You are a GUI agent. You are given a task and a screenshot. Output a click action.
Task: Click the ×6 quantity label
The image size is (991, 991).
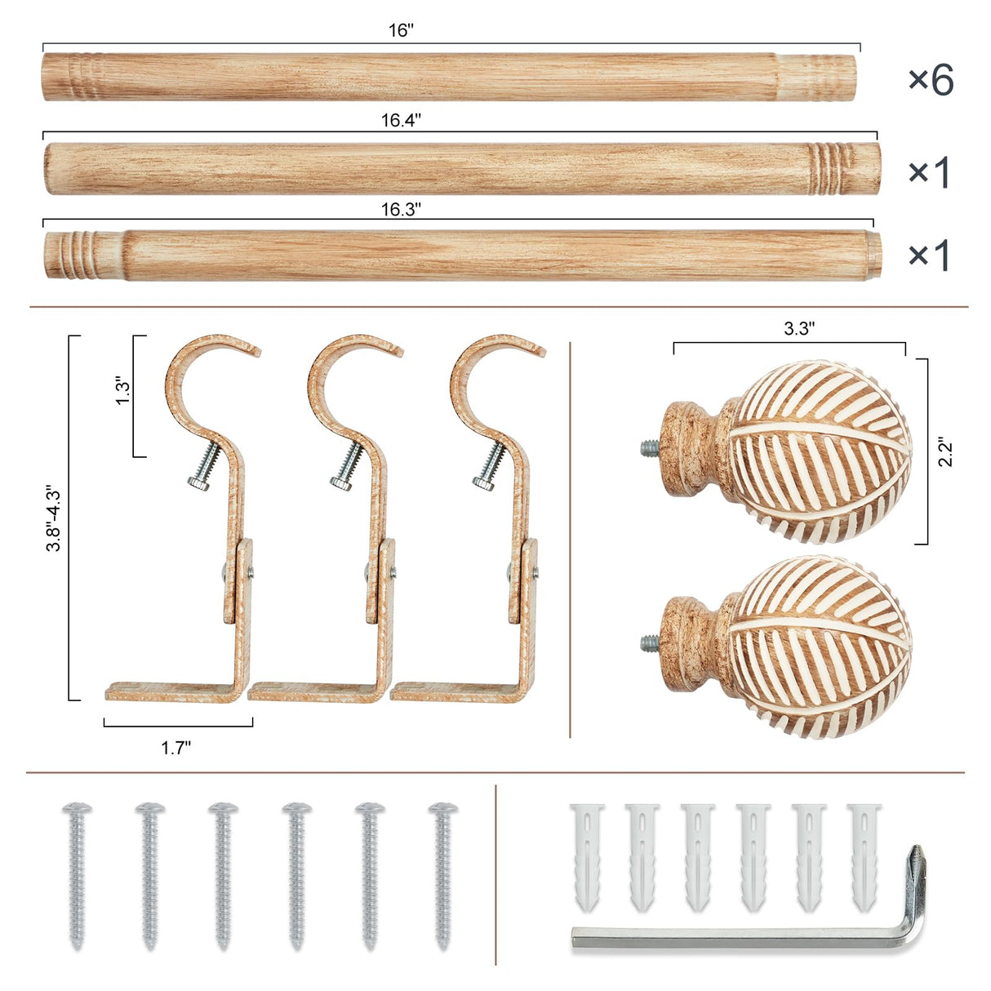coord(931,80)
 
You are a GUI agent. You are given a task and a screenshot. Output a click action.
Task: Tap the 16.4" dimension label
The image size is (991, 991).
coord(401,121)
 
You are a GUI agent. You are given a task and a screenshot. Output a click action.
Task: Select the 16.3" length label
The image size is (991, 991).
coord(401,210)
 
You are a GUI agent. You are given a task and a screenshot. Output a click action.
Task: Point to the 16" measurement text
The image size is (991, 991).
coord(401,31)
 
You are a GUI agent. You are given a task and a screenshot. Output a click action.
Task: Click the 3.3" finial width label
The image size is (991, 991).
coord(799,328)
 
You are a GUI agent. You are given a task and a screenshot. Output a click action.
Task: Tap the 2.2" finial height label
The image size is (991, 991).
coord(946,451)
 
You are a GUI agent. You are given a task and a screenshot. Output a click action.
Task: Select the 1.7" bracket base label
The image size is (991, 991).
coord(176,748)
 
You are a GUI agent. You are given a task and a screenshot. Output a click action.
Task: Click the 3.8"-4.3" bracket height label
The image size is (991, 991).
coord(54,518)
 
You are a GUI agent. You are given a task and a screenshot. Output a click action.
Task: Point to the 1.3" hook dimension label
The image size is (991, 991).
coord(122,391)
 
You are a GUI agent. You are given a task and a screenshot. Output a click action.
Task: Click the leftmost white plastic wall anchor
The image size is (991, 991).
coord(586,857)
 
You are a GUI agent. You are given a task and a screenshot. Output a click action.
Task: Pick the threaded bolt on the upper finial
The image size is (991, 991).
coord(650,447)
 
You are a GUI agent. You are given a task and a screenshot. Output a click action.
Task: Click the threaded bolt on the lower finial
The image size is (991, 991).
coord(650,642)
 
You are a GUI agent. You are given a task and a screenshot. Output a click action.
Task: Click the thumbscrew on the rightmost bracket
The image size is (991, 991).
coord(487,470)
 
